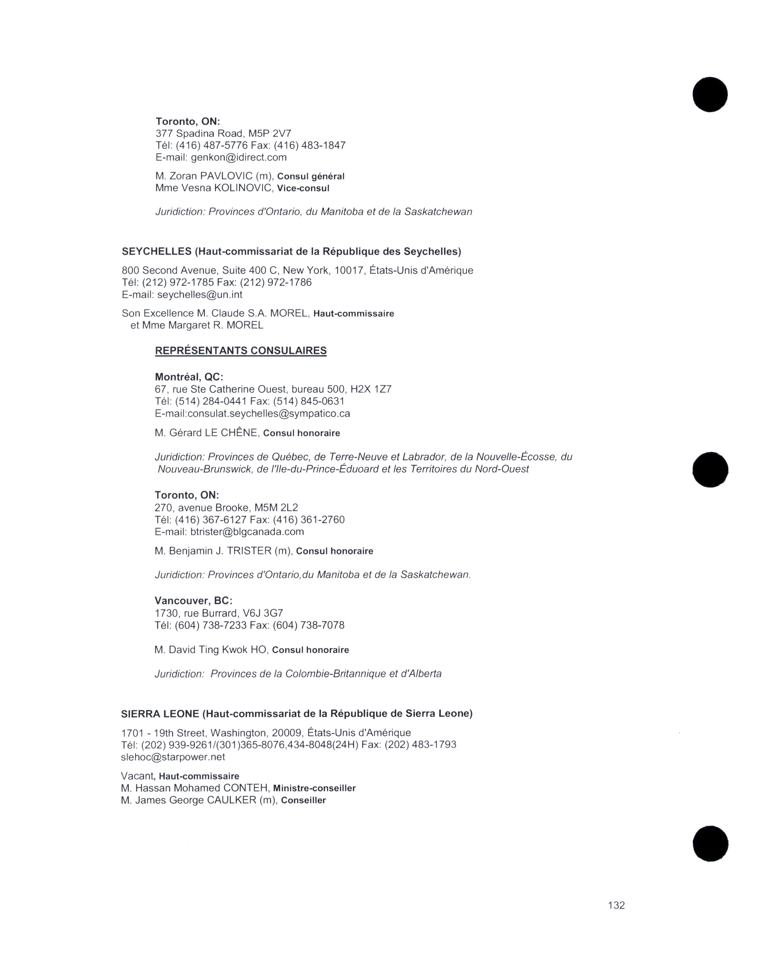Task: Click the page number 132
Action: [616, 905]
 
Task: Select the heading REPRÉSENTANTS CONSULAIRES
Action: [241, 351]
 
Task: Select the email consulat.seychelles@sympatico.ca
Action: [268, 413]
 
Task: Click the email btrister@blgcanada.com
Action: [247, 532]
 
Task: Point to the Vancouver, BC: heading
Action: [194, 601]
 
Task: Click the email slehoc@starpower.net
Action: [173, 757]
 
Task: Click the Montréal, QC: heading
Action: [188, 377]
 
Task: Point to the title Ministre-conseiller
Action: [314, 788]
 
